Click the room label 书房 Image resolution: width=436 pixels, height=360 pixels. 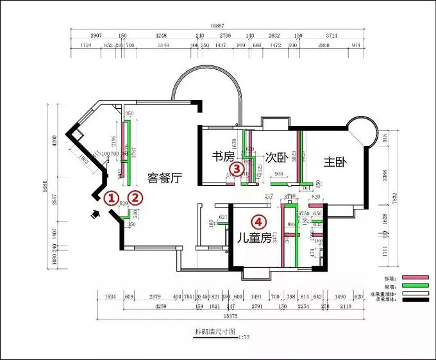224,156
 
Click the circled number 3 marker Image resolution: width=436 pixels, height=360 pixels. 237,169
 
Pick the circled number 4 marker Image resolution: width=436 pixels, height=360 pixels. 258,222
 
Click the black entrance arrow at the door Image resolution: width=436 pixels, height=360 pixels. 97,215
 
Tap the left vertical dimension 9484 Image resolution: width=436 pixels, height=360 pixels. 46,190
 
